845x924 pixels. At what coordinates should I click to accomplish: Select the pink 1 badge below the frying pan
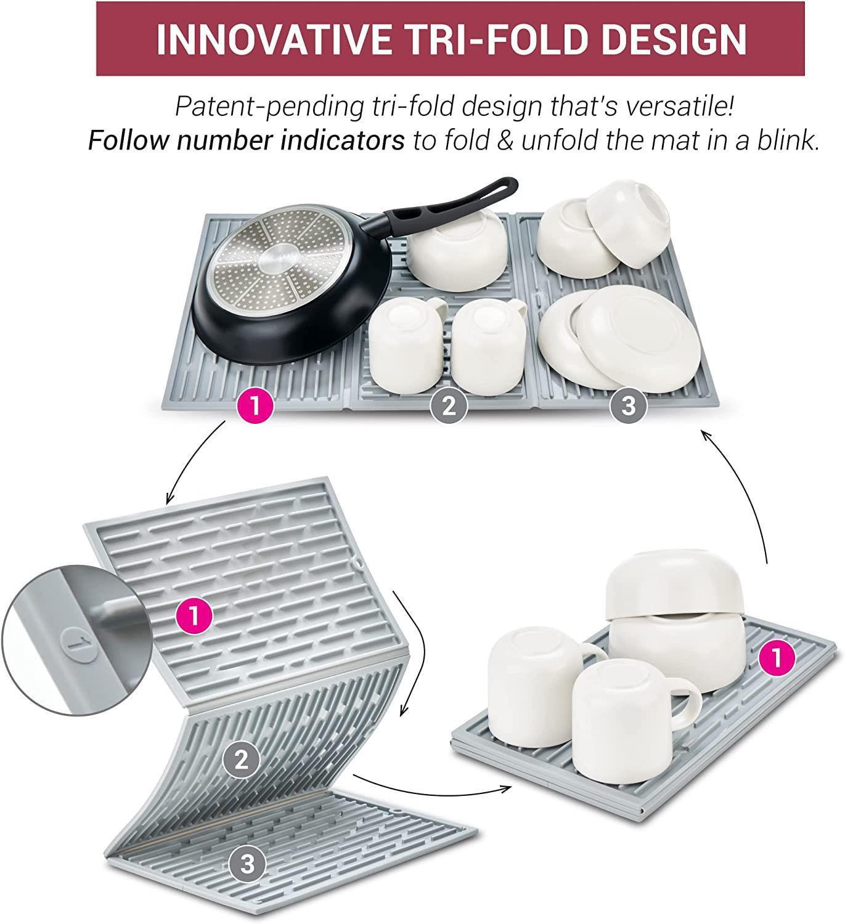[255, 406]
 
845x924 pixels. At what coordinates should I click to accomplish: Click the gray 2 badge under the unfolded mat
[448, 406]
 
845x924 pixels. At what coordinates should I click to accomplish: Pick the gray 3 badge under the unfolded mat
[628, 406]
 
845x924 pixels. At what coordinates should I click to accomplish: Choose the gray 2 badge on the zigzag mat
[242, 760]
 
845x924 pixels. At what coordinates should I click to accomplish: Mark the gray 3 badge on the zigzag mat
[247, 864]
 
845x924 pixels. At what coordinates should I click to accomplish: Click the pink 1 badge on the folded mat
[777, 659]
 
